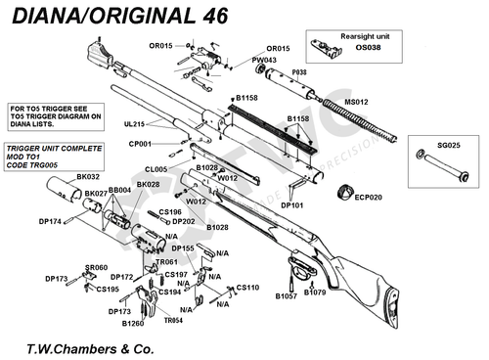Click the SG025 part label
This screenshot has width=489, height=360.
point(449,145)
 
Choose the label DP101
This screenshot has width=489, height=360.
point(291,206)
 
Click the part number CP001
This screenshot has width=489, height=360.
point(141,144)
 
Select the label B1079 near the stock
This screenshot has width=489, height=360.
point(315,292)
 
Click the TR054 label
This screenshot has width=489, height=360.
point(175,320)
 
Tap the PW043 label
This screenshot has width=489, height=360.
point(264,60)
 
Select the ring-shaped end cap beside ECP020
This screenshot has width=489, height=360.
point(344,191)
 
